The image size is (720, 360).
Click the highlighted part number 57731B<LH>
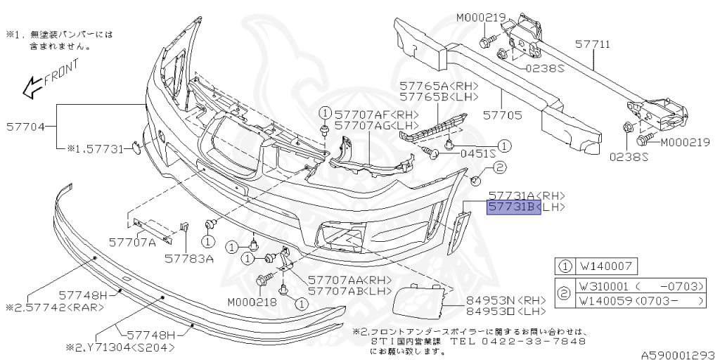pyautogui.click(x=514, y=207)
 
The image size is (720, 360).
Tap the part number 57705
pyautogui.click(x=502, y=112)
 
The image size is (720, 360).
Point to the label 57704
pyautogui.click(x=26, y=127)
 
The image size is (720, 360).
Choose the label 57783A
pyautogui.click(x=189, y=259)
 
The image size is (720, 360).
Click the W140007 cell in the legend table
pyautogui.click(x=607, y=267)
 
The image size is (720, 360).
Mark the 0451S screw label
pyautogui.click(x=477, y=152)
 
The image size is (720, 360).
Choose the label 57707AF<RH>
pyautogui.click(x=376, y=114)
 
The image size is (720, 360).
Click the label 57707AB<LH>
pyautogui.click(x=349, y=290)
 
